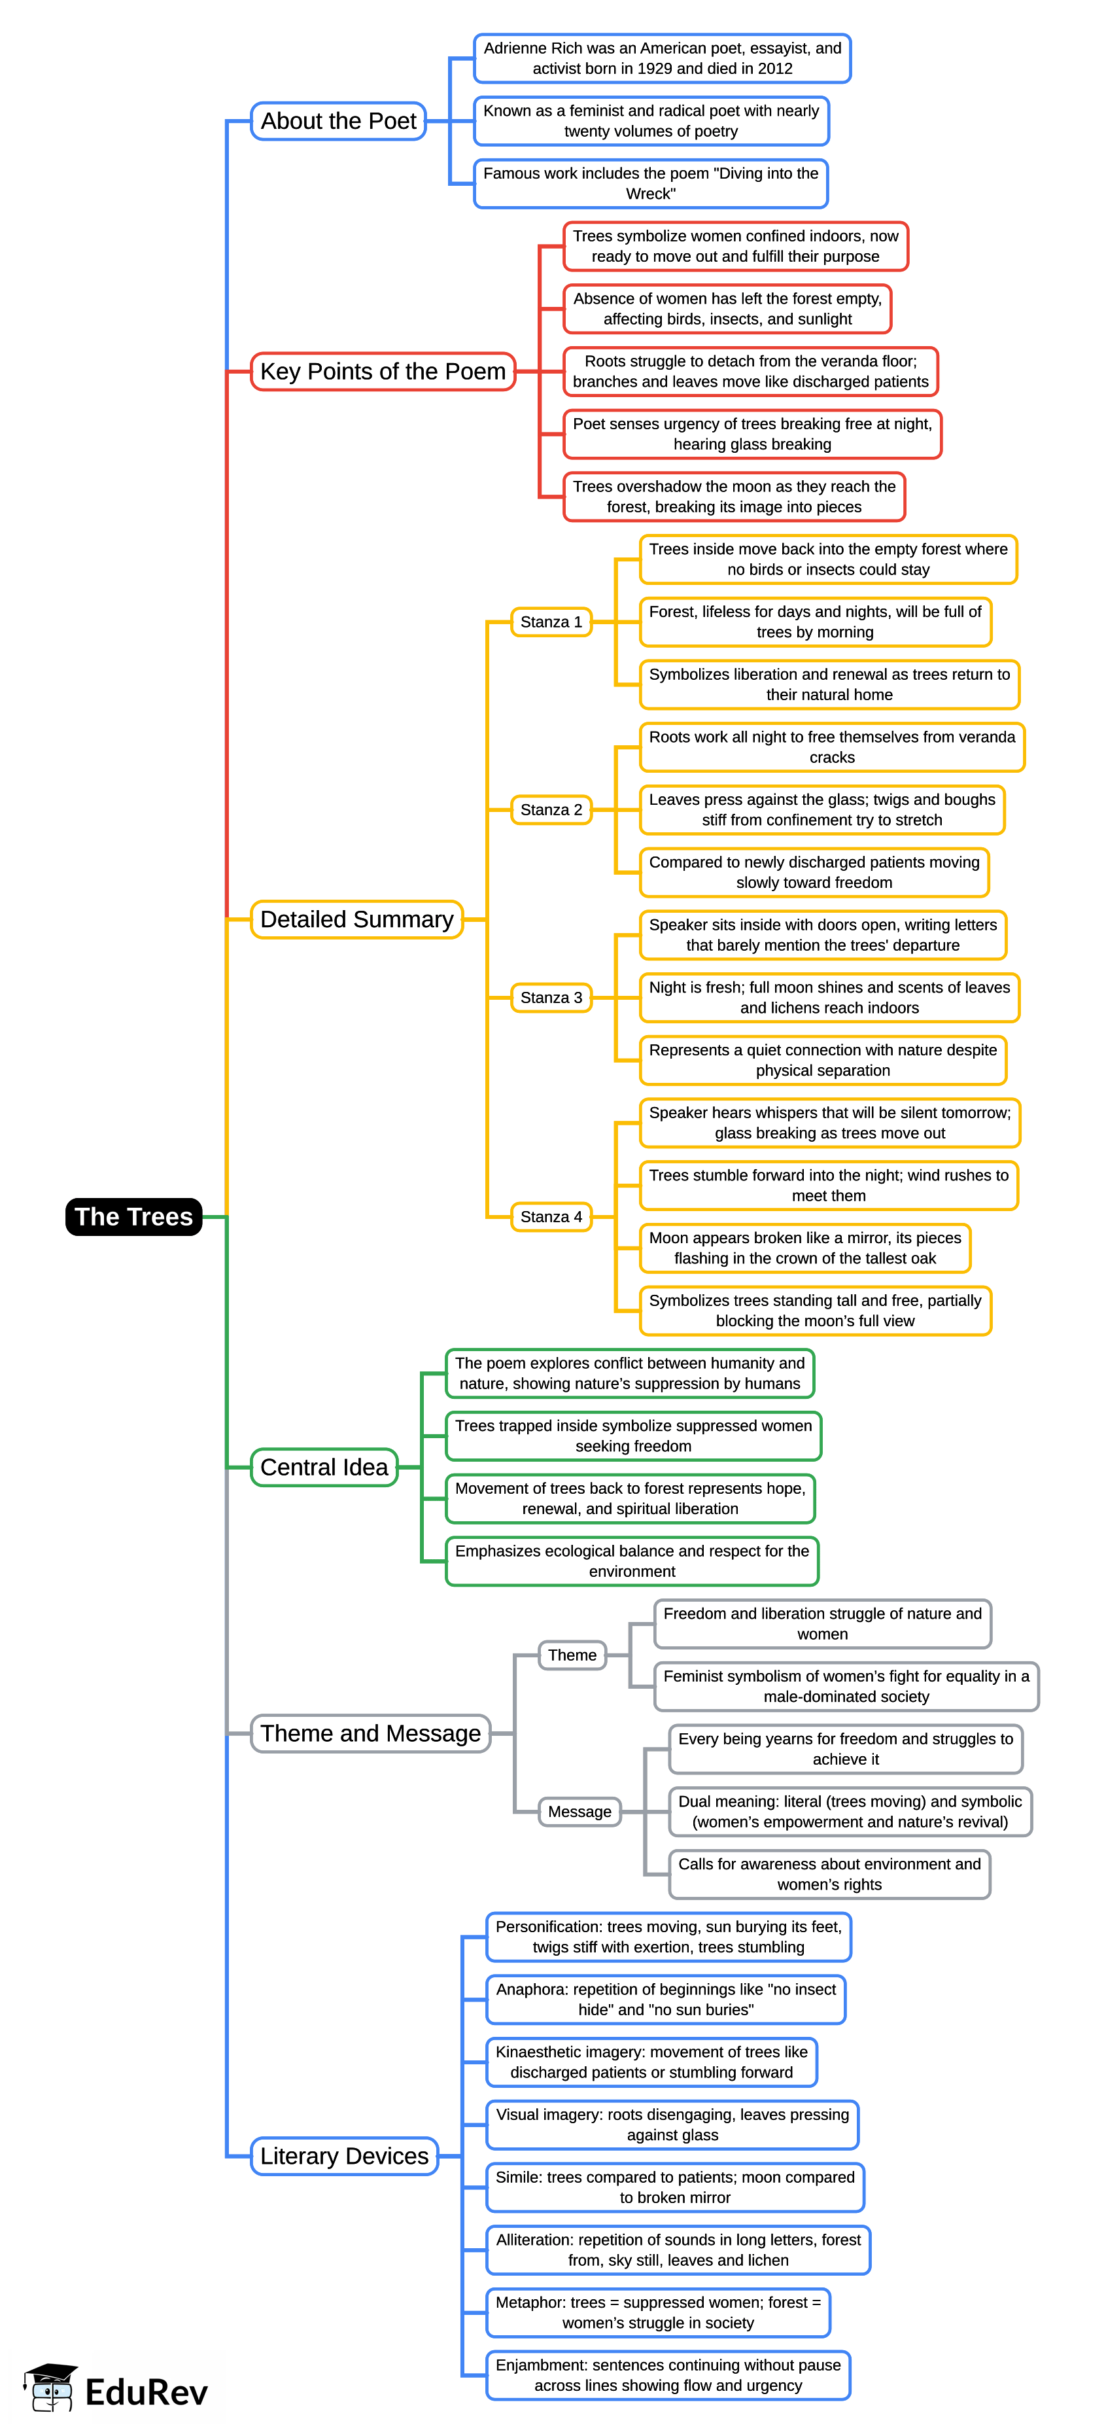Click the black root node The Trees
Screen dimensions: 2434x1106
[133, 1216]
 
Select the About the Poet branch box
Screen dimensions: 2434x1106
[338, 121]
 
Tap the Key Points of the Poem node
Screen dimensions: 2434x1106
[383, 372]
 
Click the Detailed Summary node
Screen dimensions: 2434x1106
[356, 919]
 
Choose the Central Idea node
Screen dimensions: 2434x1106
[324, 1468]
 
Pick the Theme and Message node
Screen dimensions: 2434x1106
[370, 1734]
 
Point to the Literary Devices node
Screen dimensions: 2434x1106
[344, 2156]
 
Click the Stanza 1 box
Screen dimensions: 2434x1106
[551, 622]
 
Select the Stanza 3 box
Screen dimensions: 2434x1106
[551, 998]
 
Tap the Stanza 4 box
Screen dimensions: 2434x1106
[551, 1217]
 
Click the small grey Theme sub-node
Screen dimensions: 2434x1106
[572, 1655]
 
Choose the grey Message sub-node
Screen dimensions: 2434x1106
[579, 1812]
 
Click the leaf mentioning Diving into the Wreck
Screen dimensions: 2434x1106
[651, 183]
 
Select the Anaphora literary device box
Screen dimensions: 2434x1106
[666, 2000]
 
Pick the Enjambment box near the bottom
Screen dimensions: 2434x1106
[668, 2375]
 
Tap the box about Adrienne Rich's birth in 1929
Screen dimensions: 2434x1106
[662, 59]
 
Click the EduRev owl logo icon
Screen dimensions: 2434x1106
[51, 2389]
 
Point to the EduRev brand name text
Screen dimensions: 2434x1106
[147, 2392]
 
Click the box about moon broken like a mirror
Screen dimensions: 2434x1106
[804, 1248]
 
